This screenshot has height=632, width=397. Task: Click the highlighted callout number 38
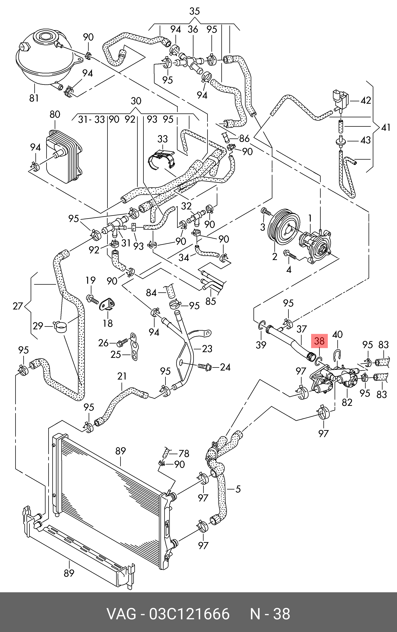319,341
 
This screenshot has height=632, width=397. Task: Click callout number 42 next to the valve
366,101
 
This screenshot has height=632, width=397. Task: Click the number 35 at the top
194,11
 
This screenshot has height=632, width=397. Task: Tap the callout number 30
136,101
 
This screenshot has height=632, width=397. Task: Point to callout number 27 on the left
18,306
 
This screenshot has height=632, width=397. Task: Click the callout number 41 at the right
386,128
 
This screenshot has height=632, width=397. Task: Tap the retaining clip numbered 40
337,355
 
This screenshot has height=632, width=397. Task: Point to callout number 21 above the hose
122,376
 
